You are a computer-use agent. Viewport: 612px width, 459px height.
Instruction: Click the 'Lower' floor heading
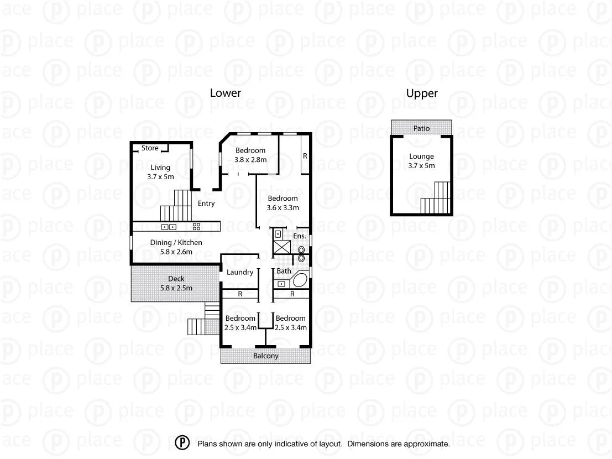click(225, 93)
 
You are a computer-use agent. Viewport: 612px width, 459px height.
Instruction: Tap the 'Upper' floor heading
click(422, 93)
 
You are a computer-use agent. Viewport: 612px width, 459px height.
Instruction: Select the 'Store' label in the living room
click(149, 148)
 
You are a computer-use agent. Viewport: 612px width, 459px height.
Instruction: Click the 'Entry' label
click(206, 204)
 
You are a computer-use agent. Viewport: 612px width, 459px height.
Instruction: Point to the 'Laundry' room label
click(240, 272)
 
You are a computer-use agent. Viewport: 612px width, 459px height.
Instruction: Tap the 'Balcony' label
click(266, 356)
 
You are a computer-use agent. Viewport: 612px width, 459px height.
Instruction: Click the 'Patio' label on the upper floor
click(421, 128)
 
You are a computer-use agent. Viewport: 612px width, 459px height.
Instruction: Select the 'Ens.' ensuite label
click(300, 236)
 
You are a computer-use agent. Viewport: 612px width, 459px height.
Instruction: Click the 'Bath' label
click(284, 271)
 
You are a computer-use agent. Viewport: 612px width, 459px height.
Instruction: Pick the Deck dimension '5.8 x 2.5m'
click(176, 288)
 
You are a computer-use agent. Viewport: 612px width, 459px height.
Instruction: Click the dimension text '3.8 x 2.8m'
click(250, 160)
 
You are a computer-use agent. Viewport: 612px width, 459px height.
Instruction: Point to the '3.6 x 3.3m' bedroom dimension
click(283, 208)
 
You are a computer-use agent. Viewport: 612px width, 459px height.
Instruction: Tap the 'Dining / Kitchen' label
click(176, 242)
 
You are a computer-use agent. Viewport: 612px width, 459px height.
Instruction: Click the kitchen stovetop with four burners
click(196, 227)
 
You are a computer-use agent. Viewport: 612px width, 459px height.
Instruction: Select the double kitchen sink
click(169, 227)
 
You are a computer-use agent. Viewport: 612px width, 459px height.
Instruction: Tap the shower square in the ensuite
click(283, 247)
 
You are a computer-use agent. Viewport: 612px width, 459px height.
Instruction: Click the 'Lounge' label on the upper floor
click(421, 157)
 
